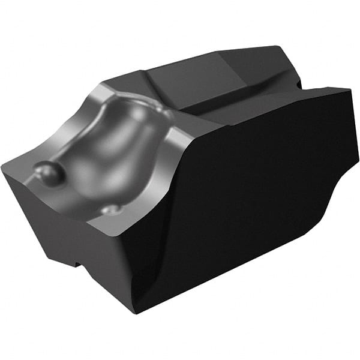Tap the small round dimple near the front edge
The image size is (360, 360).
pos(112,209)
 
